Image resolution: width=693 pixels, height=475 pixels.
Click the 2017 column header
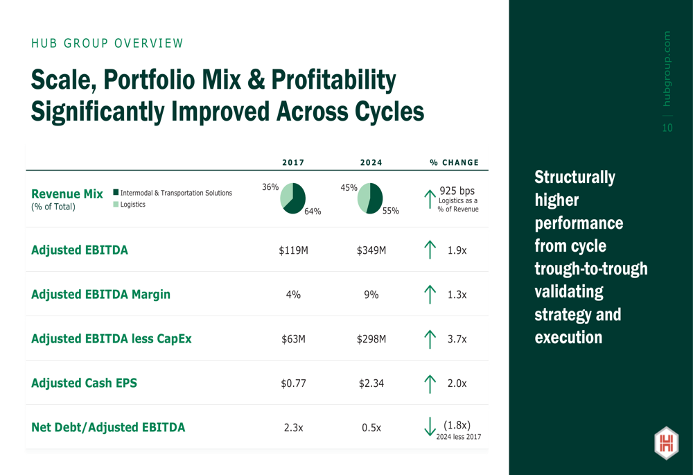pyautogui.click(x=293, y=163)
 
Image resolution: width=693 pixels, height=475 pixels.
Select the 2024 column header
pyautogui.click(x=371, y=163)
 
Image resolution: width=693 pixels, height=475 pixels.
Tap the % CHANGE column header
pyautogui.click(x=454, y=163)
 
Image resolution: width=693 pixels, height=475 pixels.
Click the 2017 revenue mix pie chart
pyautogui.click(x=293, y=198)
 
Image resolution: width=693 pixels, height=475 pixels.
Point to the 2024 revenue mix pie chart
pyautogui.click(x=371, y=198)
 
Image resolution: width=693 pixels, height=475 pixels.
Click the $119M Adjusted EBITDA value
pyautogui.click(x=293, y=250)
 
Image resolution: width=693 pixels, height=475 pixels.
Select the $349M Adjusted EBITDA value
pyautogui.click(x=371, y=250)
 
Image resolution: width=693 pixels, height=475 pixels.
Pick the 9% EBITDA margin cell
pyautogui.click(x=371, y=295)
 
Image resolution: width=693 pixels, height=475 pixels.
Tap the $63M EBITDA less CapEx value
pyautogui.click(x=293, y=339)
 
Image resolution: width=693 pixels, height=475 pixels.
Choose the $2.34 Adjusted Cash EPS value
pyautogui.click(x=371, y=383)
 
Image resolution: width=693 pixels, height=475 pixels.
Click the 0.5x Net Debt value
pyautogui.click(x=371, y=428)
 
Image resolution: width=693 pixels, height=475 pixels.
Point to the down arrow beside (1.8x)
pyautogui.click(x=430, y=427)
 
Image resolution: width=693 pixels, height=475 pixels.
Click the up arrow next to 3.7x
pyautogui.click(x=430, y=339)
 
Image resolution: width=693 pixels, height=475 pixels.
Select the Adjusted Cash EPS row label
pyautogui.click(x=84, y=383)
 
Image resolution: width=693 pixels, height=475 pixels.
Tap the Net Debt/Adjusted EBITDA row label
pyautogui.click(x=108, y=428)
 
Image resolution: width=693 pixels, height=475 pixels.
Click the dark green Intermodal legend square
pyautogui.click(x=116, y=193)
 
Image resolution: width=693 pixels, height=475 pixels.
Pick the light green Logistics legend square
pyautogui.click(x=116, y=205)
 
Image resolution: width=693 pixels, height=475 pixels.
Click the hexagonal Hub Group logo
pyautogui.click(x=666, y=443)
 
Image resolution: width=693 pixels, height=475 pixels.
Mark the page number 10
pyautogui.click(x=667, y=128)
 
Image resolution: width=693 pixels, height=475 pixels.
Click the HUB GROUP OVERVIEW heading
pyautogui.click(x=107, y=44)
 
